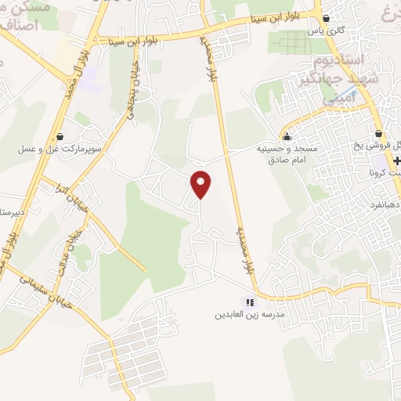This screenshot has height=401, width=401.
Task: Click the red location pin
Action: point(201,184)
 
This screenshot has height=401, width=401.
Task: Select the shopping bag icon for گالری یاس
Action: point(327,18)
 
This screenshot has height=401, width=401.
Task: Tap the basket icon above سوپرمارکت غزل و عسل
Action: point(61,135)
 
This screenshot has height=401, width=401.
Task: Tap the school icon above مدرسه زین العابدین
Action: point(250,302)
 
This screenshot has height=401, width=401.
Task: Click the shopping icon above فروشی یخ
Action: point(378,134)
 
